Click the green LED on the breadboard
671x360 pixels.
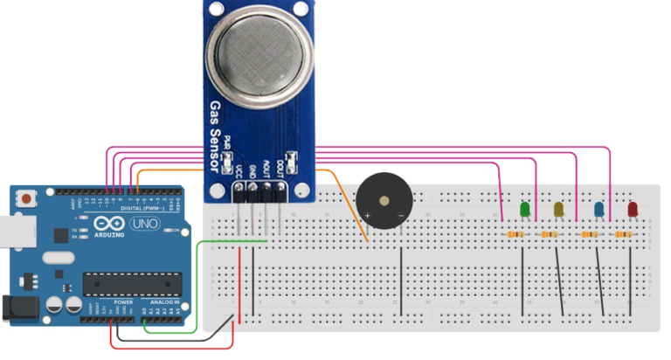tap(524, 210)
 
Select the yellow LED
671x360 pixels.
tap(558, 209)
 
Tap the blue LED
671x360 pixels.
tap(598, 210)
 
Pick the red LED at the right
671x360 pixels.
tap(633, 210)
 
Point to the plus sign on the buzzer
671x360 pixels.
tap(368, 215)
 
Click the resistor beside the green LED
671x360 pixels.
tap(515, 235)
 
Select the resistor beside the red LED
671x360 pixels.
tap(623, 234)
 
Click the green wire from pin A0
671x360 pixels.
tap(197, 288)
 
